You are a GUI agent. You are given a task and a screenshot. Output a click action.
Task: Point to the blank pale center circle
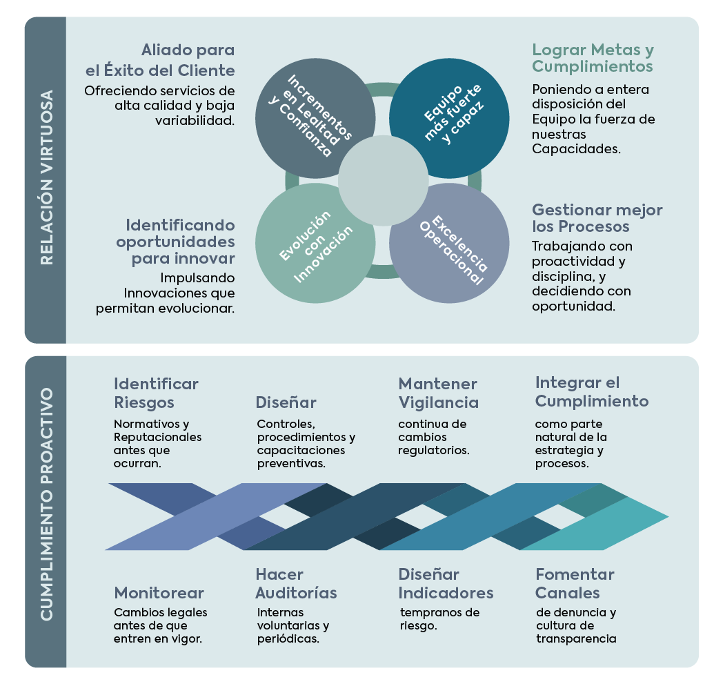point(384,181)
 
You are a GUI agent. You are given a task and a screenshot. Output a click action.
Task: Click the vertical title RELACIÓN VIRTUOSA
point(46,178)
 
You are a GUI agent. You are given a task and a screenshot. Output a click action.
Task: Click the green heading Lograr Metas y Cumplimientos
point(593,58)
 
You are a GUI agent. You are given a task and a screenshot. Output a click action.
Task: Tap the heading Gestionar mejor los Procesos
point(597,218)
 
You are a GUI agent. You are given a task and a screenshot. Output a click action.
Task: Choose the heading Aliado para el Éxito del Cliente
point(160,60)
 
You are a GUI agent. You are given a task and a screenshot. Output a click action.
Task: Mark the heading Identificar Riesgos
point(156,393)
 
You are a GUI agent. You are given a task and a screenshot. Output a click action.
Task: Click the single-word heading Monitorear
point(159,593)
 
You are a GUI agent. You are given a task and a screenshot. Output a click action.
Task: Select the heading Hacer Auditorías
point(296,583)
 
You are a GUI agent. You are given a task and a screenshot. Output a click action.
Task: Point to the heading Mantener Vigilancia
point(438,393)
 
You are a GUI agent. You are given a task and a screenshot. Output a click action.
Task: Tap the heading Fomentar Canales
point(575,583)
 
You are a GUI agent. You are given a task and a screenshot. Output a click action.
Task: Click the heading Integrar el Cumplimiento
point(592,391)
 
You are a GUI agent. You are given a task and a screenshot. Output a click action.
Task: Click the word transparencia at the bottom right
point(575,638)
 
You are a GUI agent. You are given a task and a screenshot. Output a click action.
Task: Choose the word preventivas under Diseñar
point(290,464)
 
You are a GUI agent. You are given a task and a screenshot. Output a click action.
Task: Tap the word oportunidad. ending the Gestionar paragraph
point(573,306)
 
